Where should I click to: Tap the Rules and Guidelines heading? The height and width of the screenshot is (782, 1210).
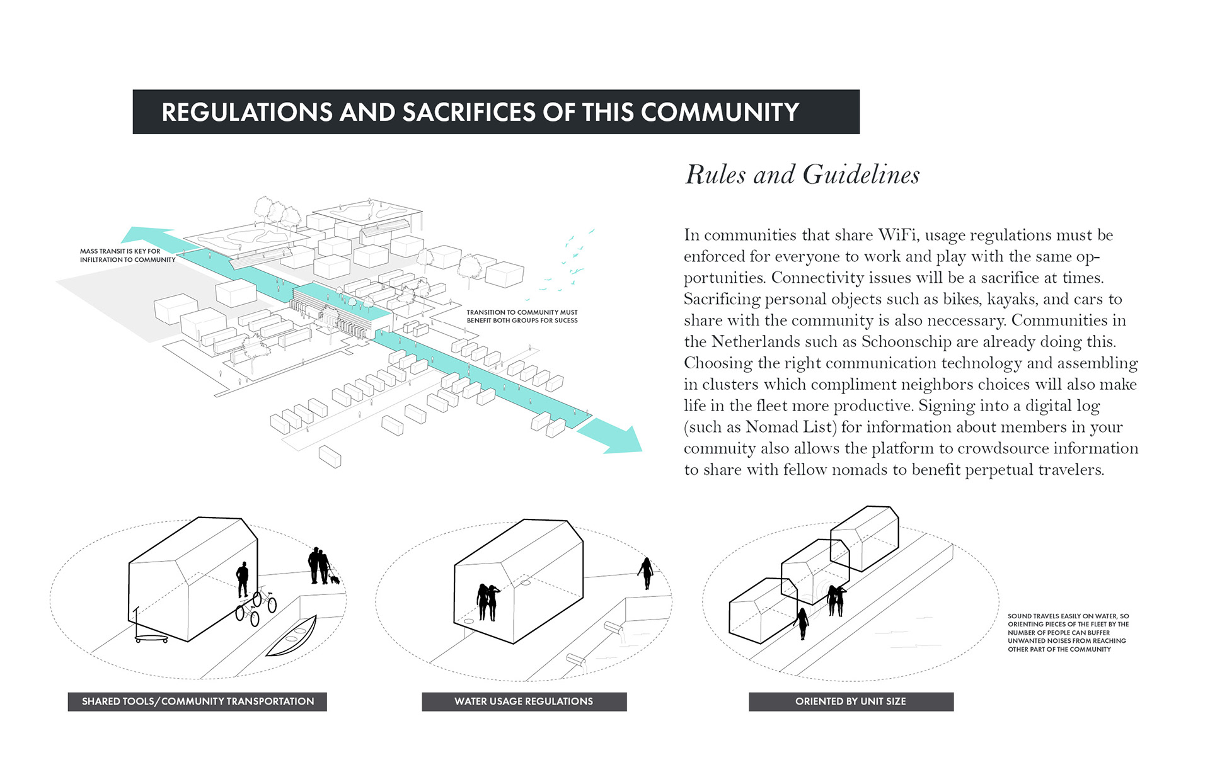[802, 174]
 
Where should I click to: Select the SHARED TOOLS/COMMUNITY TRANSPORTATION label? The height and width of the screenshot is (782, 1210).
[197, 701]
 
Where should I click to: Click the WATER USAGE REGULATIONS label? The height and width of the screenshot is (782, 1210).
[524, 701]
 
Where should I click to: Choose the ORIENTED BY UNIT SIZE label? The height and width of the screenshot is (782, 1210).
[850, 701]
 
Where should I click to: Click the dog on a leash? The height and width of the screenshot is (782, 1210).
[334, 579]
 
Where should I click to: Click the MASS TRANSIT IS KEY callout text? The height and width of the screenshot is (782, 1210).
[127, 255]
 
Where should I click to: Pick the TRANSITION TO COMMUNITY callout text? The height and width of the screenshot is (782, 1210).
[522, 316]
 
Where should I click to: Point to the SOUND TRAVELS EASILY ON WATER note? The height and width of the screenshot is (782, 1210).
[1068, 632]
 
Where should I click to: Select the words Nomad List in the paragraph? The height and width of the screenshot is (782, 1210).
[790, 427]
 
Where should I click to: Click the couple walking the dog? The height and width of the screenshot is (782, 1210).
[319, 565]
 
